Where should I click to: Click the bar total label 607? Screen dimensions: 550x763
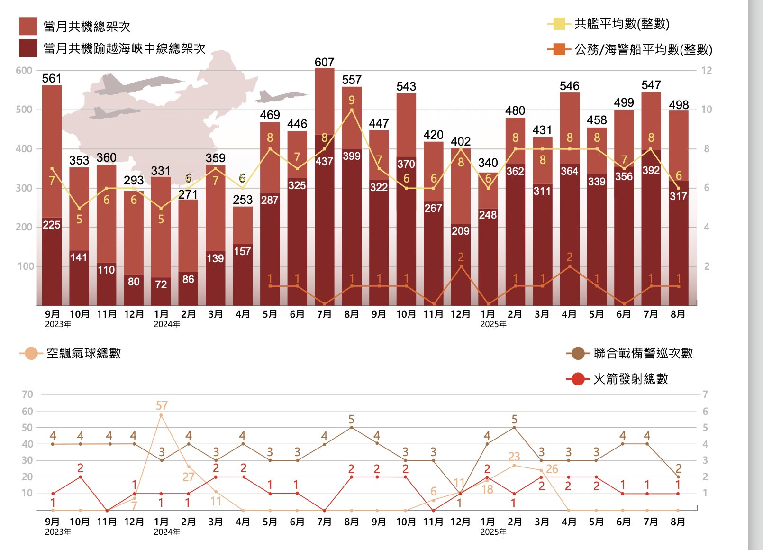tap(324, 62)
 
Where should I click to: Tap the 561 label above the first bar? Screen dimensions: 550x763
tap(52, 78)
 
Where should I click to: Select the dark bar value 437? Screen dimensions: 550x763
tap(324, 161)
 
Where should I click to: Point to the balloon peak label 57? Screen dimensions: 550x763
tap(162, 405)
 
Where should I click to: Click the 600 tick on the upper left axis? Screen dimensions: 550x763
tap(24, 71)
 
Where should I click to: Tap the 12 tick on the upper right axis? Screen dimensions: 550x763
tap(707, 71)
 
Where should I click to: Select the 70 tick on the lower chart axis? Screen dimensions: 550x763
tap(27, 394)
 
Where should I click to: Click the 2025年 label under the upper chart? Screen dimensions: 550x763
tap(493, 324)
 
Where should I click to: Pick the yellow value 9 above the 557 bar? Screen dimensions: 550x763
tap(352, 100)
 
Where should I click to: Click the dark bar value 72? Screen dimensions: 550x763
tap(161, 284)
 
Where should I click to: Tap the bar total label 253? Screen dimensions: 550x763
tap(243, 200)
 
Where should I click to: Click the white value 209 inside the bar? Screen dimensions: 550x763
tap(461, 231)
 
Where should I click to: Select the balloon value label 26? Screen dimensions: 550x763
tap(552, 469)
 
